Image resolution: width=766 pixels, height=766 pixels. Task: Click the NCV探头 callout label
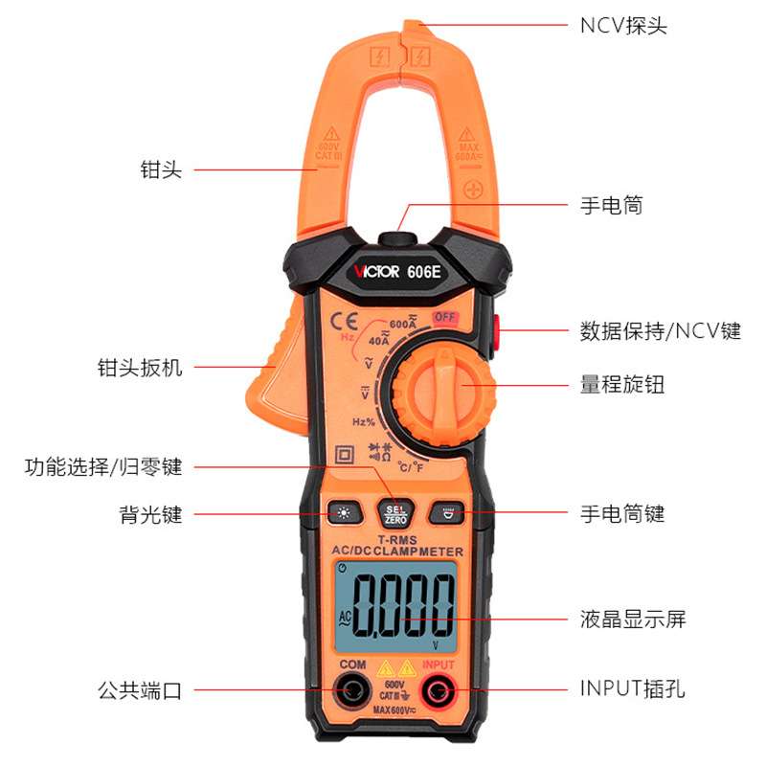[x=623, y=25]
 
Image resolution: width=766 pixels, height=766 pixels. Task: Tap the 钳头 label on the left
[x=161, y=170]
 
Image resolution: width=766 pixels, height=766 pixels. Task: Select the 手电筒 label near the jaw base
[x=611, y=205]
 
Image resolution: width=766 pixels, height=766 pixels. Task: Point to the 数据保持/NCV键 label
[x=660, y=331]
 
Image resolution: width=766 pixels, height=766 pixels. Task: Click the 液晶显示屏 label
[x=633, y=619]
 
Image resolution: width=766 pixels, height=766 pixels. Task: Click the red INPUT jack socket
[x=439, y=689]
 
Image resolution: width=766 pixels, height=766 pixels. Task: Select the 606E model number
[x=426, y=272]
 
